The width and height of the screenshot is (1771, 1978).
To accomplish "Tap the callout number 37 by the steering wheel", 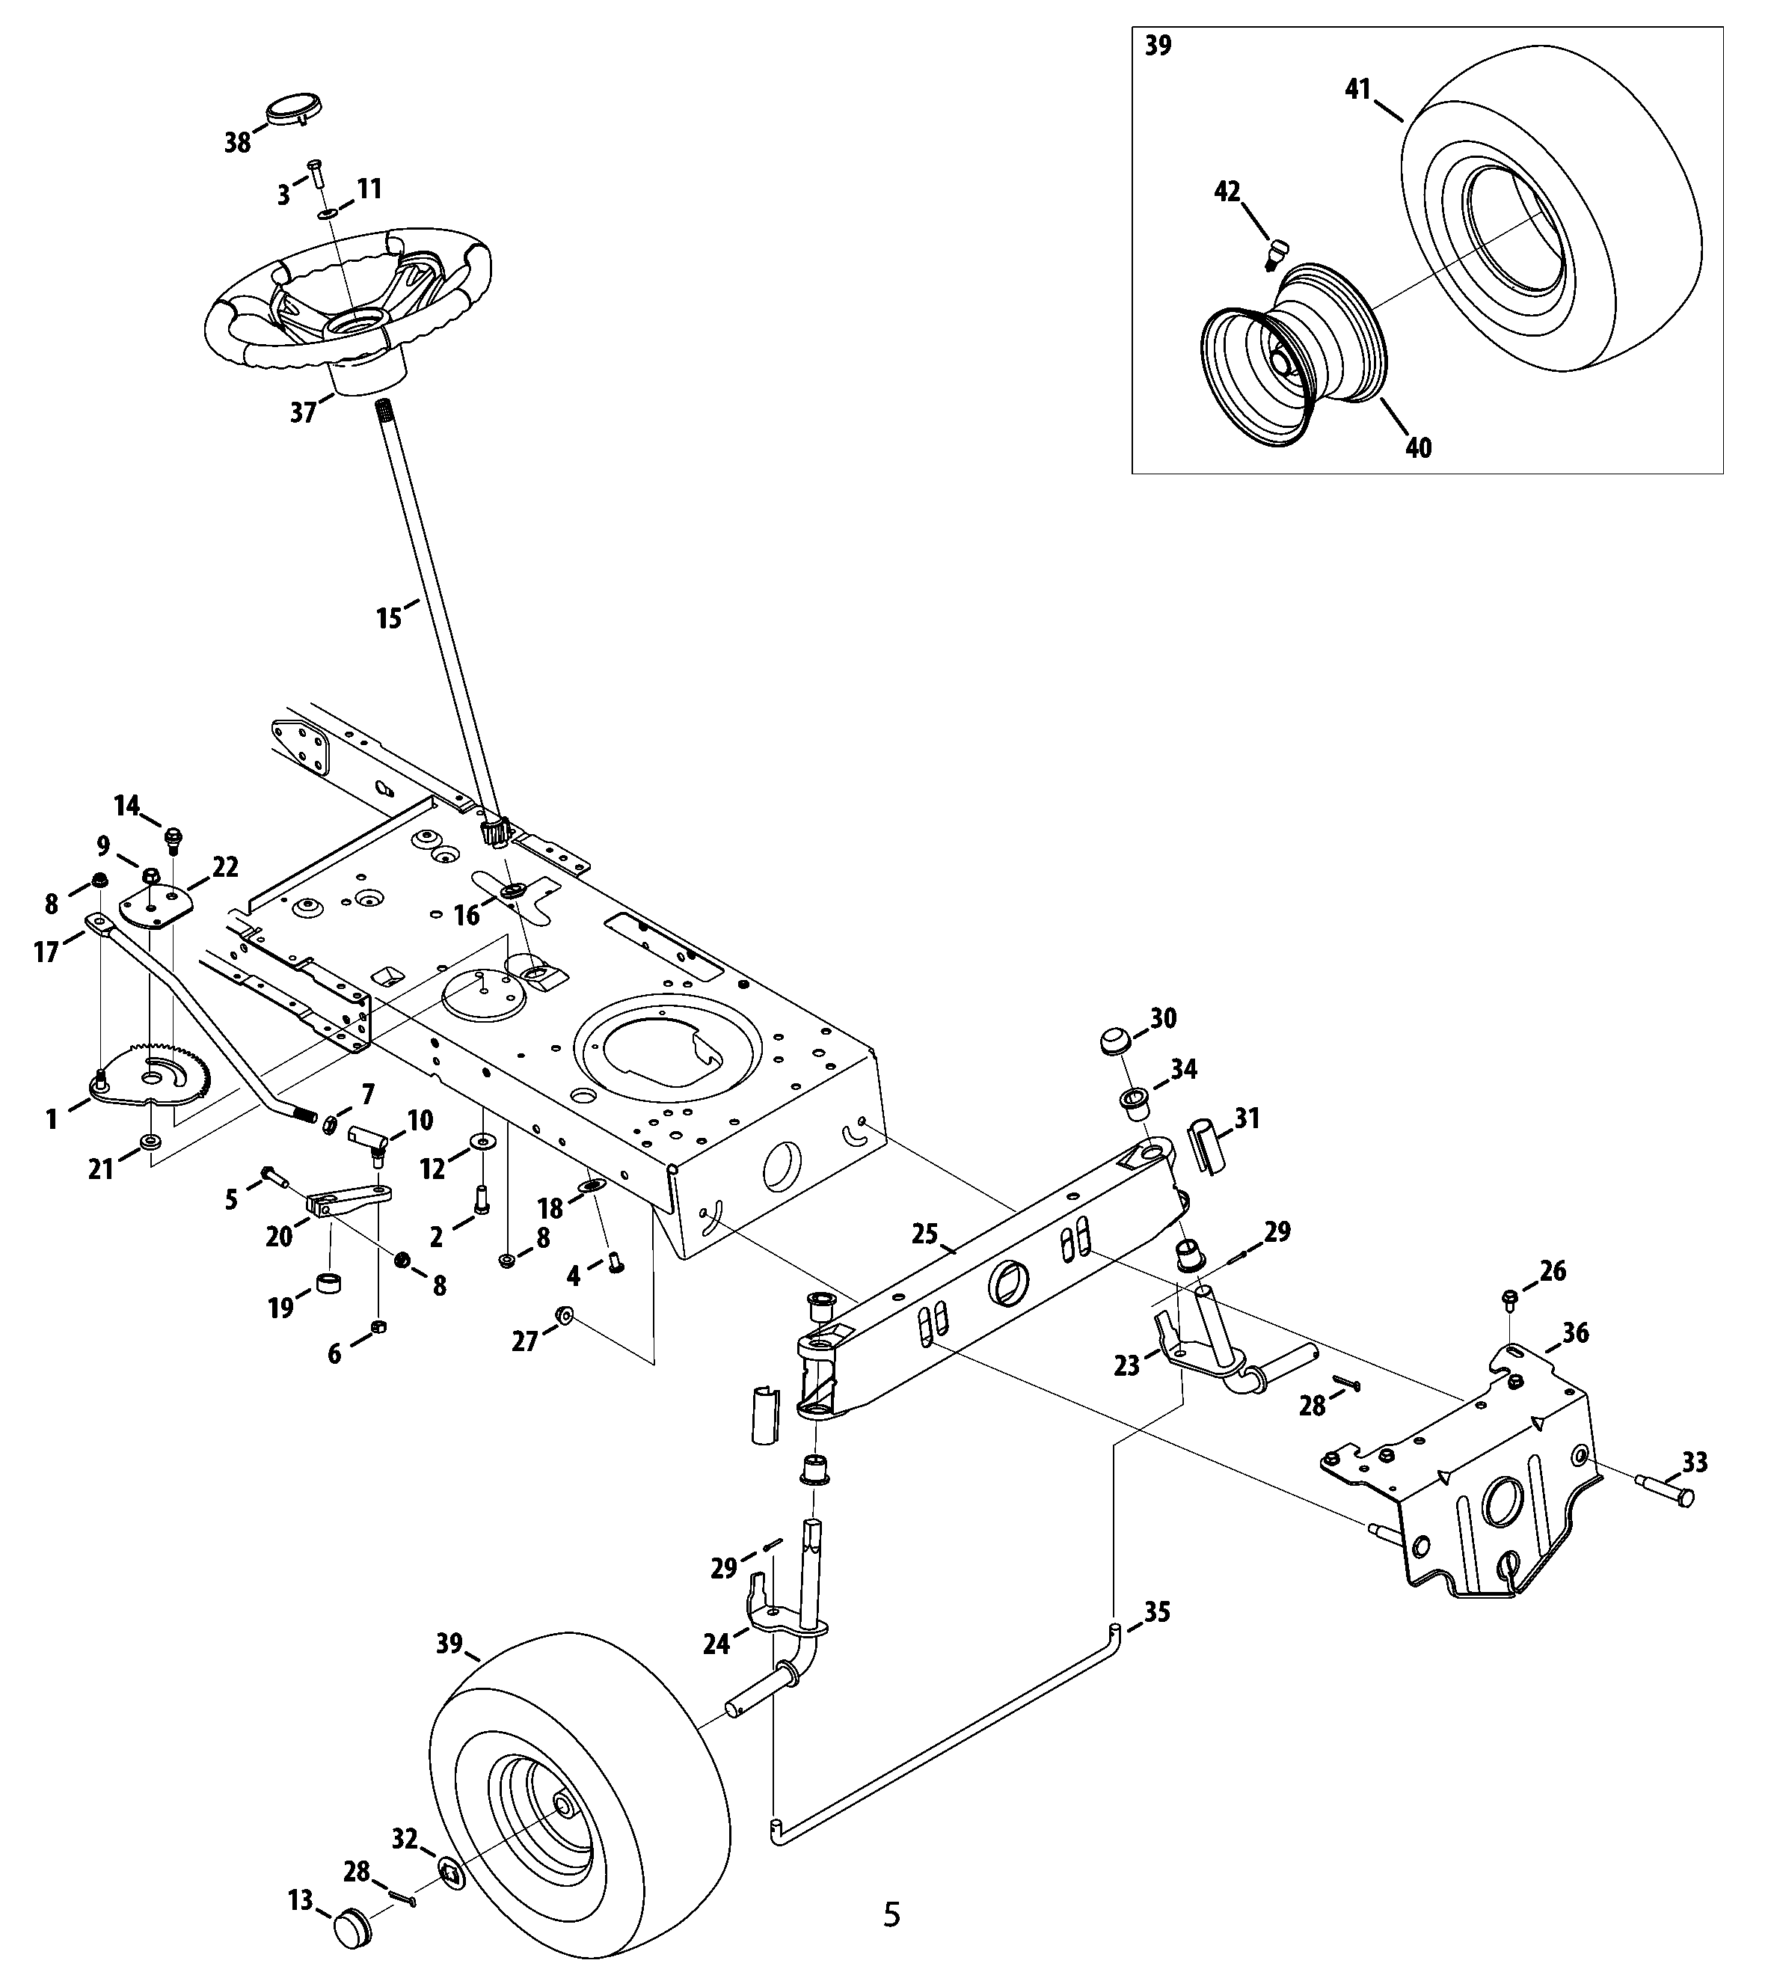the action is point(304,413).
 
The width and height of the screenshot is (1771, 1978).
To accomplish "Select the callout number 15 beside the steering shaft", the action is point(389,618).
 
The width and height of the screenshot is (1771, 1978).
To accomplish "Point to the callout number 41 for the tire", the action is point(1358,90).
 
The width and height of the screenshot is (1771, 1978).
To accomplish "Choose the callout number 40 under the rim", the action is point(1419,448).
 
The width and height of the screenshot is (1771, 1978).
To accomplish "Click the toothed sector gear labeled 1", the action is point(146,1075).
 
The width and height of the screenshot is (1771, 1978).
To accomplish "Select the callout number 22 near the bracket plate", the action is point(225,866).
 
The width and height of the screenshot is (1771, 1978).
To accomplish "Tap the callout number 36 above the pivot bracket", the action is point(1574,1332).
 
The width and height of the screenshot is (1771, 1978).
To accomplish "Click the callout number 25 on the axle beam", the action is point(924,1234).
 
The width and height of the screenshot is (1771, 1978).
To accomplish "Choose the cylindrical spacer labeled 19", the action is point(329,1283).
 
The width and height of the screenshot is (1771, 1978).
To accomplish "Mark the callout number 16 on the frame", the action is point(467,915).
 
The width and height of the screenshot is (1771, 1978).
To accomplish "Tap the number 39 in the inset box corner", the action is point(1158,46).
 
